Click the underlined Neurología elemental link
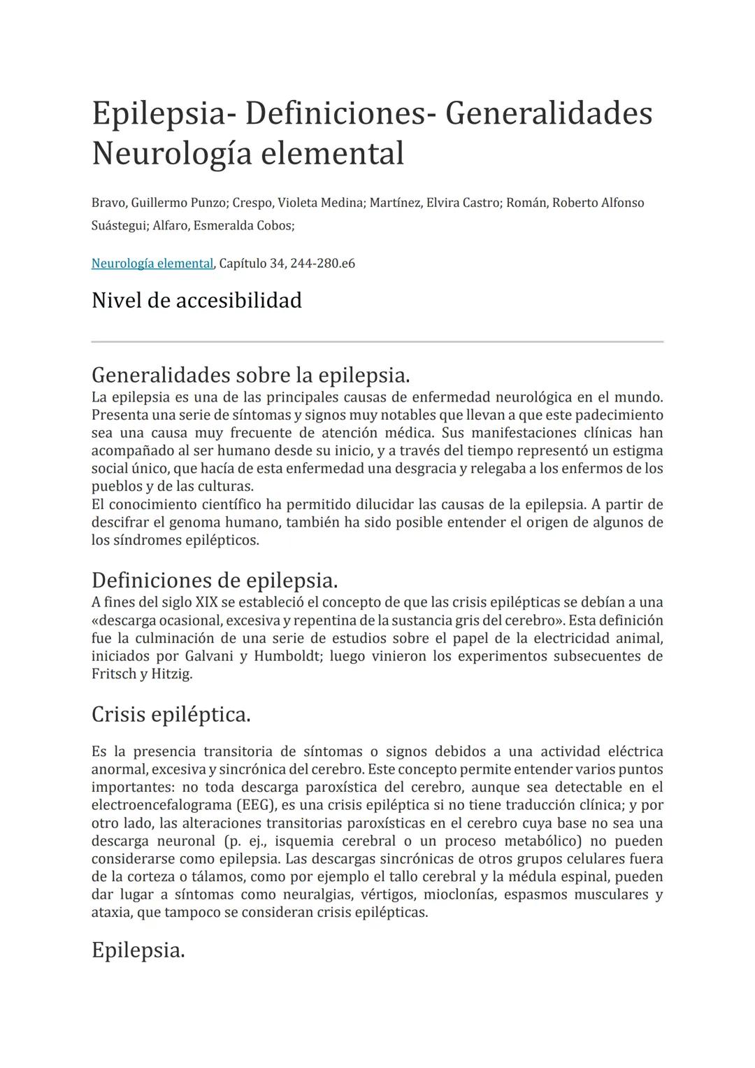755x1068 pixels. (152, 264)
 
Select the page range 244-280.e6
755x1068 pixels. (322, 264)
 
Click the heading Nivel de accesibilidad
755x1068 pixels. (196, 301)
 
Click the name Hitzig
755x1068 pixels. (171, 674)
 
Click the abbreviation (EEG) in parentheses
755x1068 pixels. (256, 805)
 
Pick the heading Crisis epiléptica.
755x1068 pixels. (171, 715)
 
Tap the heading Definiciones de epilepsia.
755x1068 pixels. (215, 581)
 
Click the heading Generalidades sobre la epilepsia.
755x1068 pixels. (250, 376)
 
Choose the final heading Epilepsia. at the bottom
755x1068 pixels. (138, 950)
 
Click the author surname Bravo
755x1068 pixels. (108, 203)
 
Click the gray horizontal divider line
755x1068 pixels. (377, 342)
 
